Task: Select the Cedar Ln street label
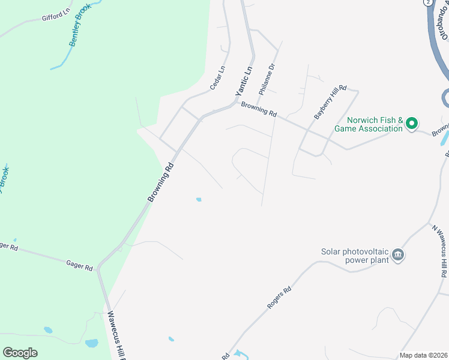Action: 217,78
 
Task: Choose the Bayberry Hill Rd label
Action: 331,101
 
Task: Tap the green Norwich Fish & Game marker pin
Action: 412,124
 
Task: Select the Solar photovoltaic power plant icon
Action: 398,256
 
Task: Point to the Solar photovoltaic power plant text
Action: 355,256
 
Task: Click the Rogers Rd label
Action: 279,298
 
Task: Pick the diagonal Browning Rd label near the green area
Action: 161,182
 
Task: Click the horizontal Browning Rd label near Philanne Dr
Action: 259,109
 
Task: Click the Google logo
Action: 20,353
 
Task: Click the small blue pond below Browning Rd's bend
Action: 198,199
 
